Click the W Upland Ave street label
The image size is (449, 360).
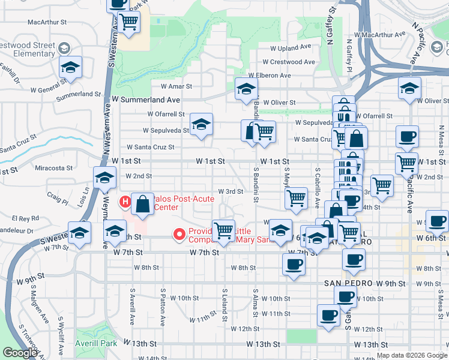click(291, 46)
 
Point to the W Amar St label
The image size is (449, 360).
click(172, 86)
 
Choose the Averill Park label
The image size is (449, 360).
click(97, 343)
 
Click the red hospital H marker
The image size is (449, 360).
click(125, 202)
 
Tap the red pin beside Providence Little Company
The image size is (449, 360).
click(178, 235)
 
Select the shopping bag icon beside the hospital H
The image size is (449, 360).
click(143, 204)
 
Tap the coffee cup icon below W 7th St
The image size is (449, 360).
click(293, 264)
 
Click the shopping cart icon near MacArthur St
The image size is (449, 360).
click(128, 22)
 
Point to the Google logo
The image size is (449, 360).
click(20, 353)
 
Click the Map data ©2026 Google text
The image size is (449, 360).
click(411, 355)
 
